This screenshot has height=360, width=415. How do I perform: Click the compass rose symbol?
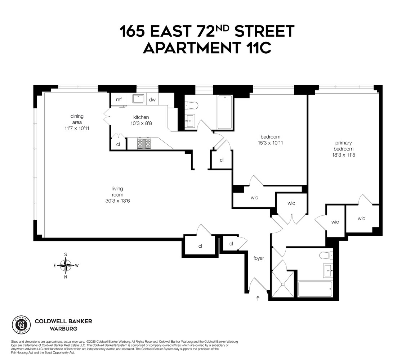66,266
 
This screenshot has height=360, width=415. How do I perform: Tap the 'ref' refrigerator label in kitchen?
119,100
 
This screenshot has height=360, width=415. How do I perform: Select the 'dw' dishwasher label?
152,100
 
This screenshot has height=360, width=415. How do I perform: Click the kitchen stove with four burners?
144,143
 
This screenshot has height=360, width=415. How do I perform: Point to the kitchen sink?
138,99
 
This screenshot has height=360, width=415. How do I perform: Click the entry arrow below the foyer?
258,298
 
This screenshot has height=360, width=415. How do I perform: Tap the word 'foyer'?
259,258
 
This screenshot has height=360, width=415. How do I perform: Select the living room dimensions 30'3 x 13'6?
117,201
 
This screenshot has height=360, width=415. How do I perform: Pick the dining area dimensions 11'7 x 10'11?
77,128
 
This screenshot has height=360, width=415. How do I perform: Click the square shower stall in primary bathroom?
283,284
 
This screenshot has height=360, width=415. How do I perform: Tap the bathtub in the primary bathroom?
315,289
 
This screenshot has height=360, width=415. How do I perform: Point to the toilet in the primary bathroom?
325,256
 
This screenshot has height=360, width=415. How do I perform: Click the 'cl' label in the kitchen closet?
118,144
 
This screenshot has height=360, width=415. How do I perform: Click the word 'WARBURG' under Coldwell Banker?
63,329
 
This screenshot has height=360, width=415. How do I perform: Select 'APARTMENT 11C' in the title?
207,48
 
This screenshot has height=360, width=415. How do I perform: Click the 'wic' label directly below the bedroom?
254,198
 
